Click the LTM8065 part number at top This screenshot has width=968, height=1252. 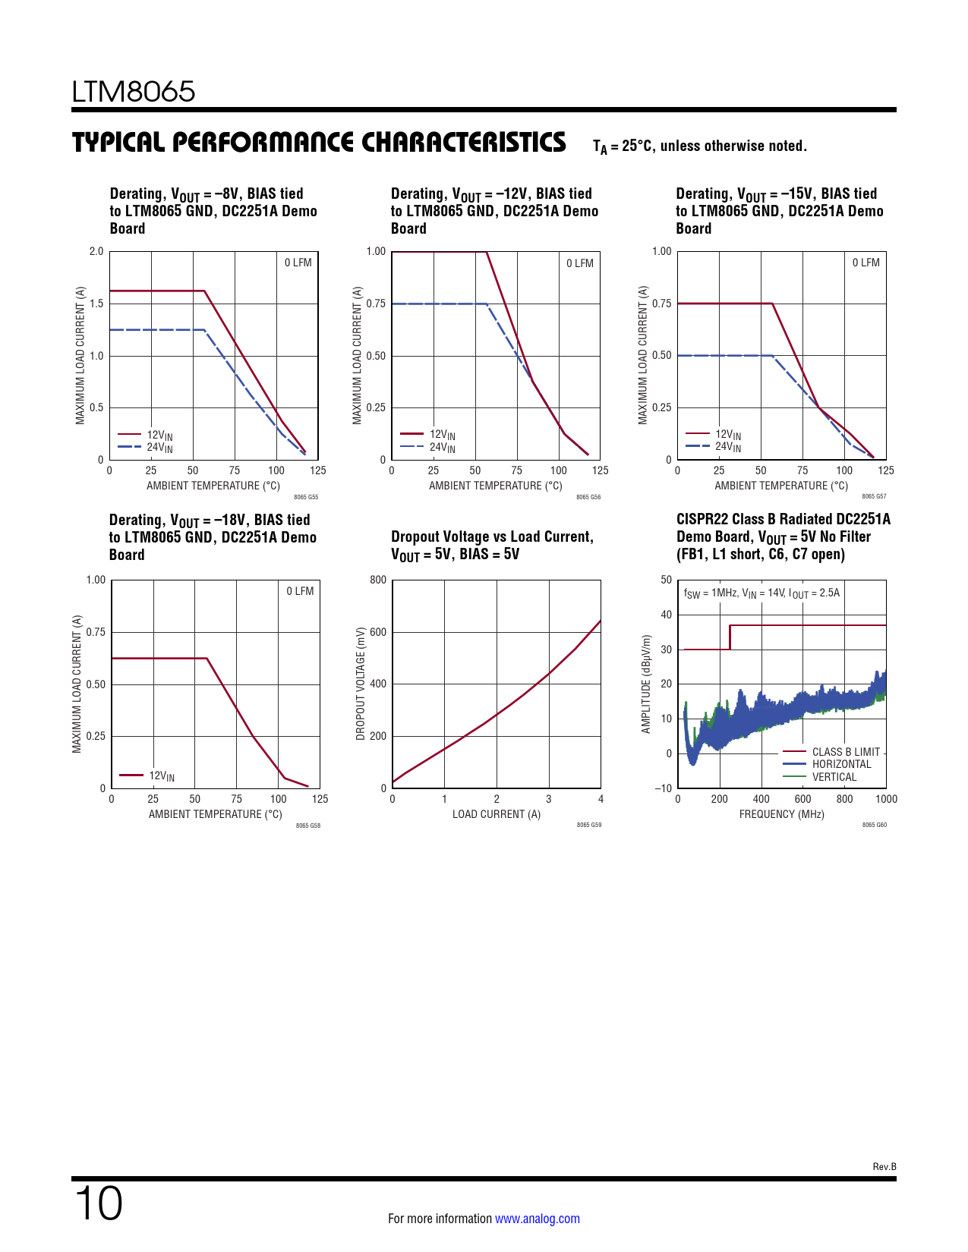(134, 92)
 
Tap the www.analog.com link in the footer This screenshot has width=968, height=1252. (537, 1219)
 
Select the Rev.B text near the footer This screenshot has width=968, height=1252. (884, 1167)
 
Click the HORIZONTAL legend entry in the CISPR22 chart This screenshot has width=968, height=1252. (841, 764)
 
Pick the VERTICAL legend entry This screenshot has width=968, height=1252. (834, 777)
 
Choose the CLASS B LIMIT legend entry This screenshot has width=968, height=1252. (845, 752)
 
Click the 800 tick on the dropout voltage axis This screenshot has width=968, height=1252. (378, 580)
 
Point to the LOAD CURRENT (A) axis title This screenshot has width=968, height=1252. (497, 814)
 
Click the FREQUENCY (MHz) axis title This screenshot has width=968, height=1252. (781, 814)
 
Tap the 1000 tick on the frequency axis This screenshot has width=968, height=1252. (885, 799)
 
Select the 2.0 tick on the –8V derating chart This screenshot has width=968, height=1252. (96, 252)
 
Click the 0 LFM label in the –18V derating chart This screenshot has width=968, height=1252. (300, 591)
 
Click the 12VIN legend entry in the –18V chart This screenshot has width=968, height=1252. (161, 775)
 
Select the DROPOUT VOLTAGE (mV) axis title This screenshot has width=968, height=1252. (361, 684)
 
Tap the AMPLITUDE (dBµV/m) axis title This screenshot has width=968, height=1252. (647, 684)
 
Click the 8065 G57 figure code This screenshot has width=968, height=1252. (874, 497)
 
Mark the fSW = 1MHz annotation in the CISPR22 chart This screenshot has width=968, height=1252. (761, 593)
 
